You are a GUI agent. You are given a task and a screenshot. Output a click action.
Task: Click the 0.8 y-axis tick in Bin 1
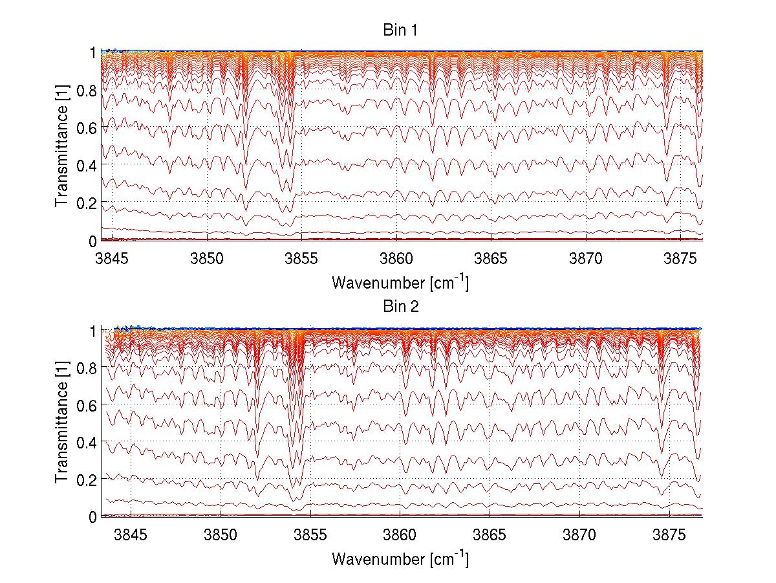point(87,90)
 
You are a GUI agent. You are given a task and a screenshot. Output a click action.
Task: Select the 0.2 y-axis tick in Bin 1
point(87,203)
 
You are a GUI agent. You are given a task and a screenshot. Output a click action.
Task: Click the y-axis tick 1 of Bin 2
point(93,331)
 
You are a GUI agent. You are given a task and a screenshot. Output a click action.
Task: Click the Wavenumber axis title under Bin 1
point(400,282)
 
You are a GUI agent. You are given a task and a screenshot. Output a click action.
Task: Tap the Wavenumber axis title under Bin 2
point(400,558)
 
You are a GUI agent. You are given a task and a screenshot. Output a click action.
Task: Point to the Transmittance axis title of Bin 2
point(62,423)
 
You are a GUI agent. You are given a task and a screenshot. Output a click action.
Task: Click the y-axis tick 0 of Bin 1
point(93,241)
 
